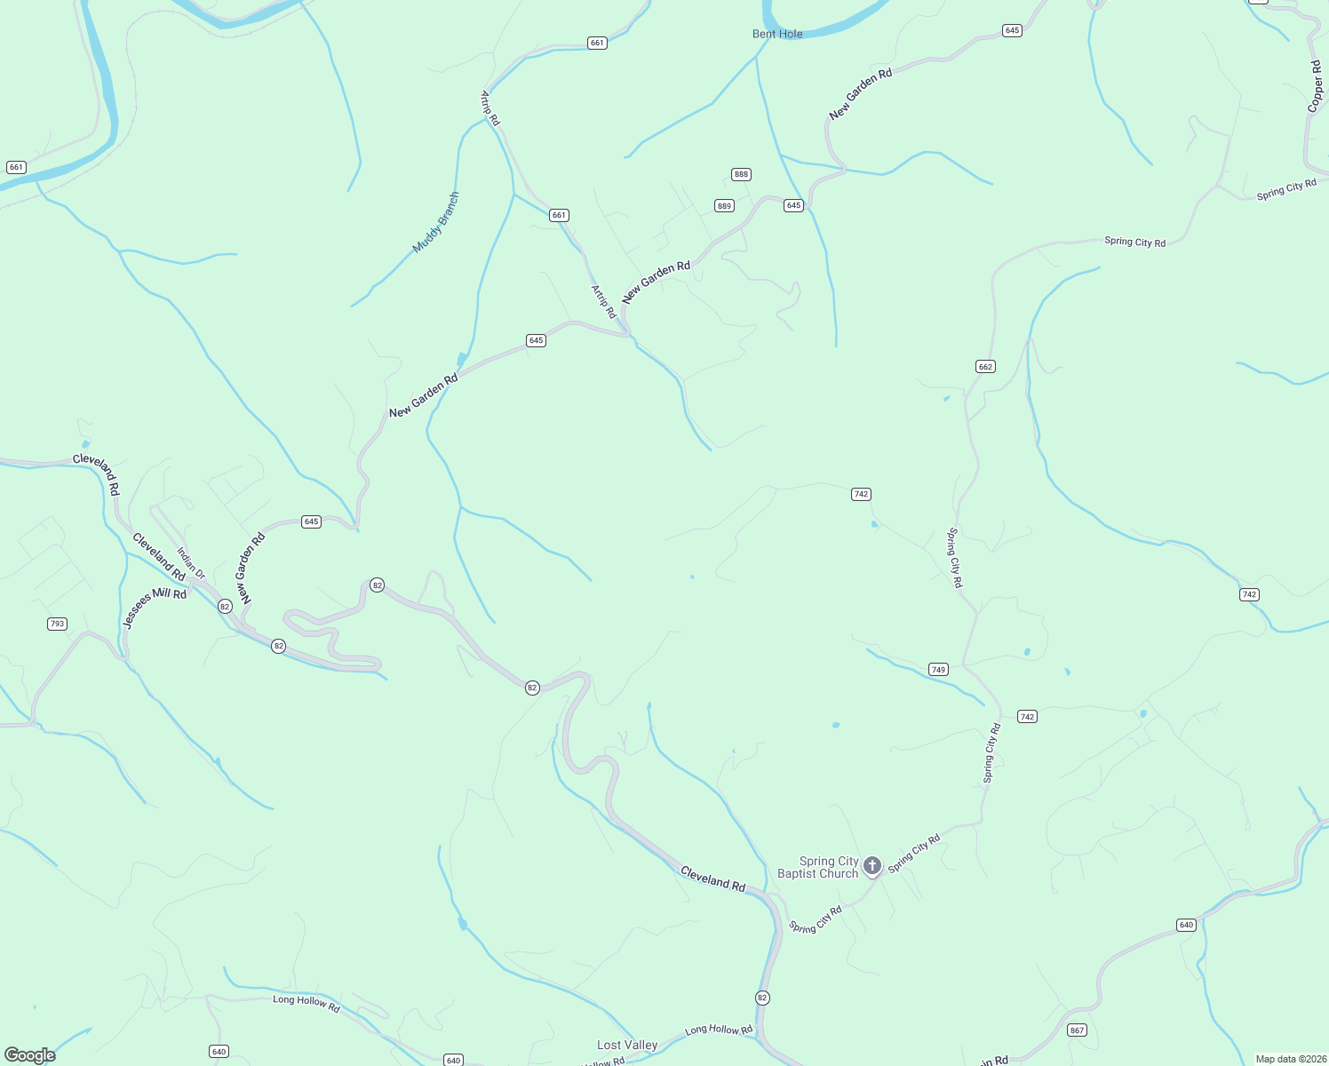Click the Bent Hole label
pyautogui.click(x=777, y=34)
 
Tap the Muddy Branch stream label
pyautogui.click(x=436, y=223)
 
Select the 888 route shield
pyautogui.click(x=741, y=174)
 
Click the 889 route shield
pyautogui.click(x=724, y=206)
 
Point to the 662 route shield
pyautogui.click(x=984, y=366)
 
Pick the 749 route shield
pyautogui.click(x=938, y=669)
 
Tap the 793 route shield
pyautogui.click(x=57, y=624)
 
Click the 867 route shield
pyautogui.click(x=1077, y=1030)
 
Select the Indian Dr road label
pyautogui.click(x=191, y=563)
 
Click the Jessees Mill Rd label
pyautogui.click(x=155, y=609)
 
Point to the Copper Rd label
pyautogui.click(x=1315, y=86)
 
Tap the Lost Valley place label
pyautogui.click(x=627, y=1045)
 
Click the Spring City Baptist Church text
pyautogui.click(x=817, y=867)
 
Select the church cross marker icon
pyautogui.click(x=872, y=865)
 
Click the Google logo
pyautogui.click(x=30, y=1054)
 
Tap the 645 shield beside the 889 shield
pyautogui.click(x=793, y=205)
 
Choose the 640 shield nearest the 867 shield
pyautogui.click(x=1186, y=925)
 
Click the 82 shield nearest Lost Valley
pyautogui.click(x=762, y=998)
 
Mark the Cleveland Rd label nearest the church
pyautogui.click(x=712, y=879)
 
